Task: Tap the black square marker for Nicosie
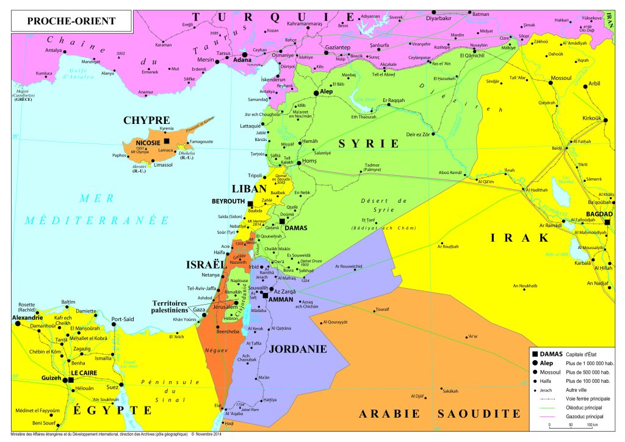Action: tap(167, 142)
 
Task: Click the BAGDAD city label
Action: tap(599, 214)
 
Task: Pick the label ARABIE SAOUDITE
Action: tap(439, 413)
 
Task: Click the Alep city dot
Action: tap(316, 93)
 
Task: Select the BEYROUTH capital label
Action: tap(228, 201)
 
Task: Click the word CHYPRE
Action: tap(146, 120)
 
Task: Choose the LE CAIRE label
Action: tap(84, 372)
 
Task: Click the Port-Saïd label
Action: tap(123, 318)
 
